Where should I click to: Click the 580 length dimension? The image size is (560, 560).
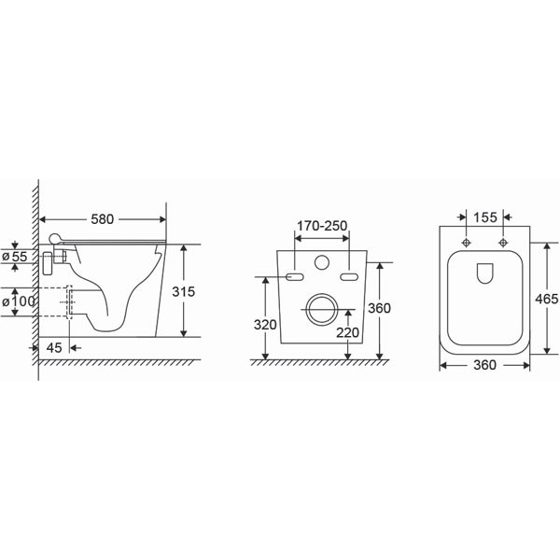[x=102, y=219]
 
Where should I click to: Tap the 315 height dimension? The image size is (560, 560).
[x=184, y=292]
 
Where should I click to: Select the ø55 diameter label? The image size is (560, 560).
[x=15, y=257]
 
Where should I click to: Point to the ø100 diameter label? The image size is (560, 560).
[x=19, y=301]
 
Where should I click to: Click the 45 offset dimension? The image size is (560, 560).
[x=54, y=347]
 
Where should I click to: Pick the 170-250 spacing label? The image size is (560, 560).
[x=322, y=226]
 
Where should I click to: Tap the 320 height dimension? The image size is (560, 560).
[x=265, y=325]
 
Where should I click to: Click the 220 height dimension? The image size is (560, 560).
[x=347, y=332]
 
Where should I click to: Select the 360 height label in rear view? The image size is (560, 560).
[x=379, y=308]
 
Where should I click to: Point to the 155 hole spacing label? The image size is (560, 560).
[x=485, y=217]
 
